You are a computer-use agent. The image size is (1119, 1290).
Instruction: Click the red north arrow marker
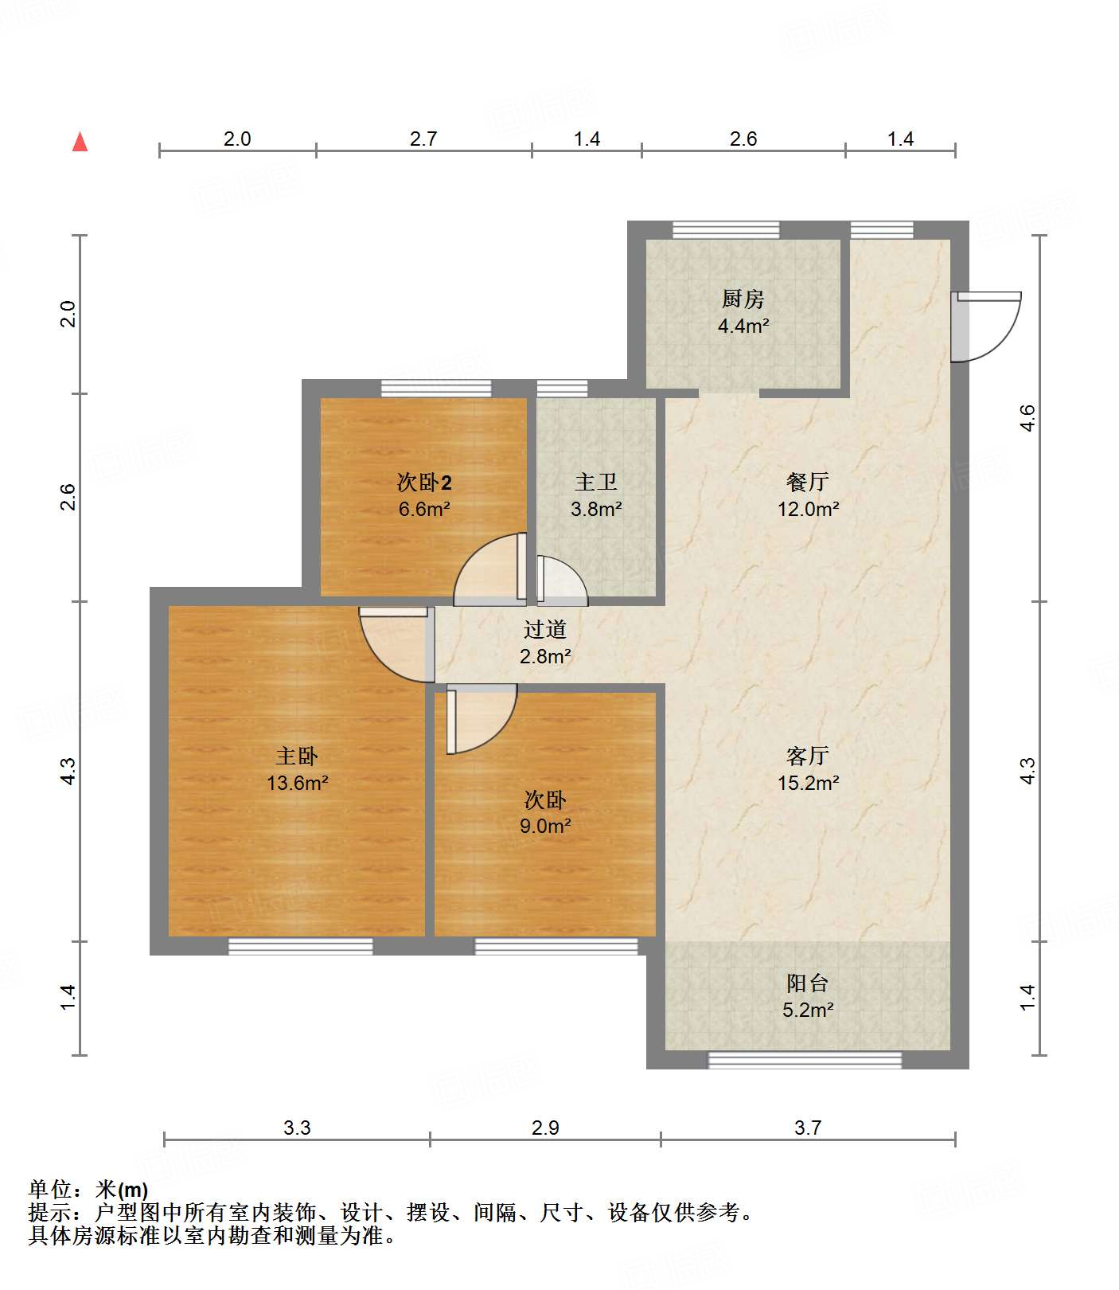tap(80, 142)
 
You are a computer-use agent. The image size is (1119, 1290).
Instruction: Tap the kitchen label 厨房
tap(743, 299)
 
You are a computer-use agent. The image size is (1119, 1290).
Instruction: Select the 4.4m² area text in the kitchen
tap(743, 326)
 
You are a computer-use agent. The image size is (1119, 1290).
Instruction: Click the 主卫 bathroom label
tap(596, 482)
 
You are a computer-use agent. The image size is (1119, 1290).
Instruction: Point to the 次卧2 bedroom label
tap(424, 482)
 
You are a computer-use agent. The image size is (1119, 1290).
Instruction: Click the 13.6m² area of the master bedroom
tap(298, 783)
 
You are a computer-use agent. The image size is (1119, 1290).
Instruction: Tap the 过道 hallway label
tap(545, 629)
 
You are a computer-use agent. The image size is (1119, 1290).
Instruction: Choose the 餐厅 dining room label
tap(808, 482)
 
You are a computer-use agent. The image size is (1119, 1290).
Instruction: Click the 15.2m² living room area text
tap(809, 783)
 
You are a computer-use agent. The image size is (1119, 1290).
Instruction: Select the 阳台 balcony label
tap(808, 983)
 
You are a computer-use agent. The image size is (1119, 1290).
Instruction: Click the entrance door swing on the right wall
tap(987, 326)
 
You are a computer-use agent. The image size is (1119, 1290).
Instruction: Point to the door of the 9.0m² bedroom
tap(482, 718)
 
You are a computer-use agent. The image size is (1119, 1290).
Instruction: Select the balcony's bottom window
tap(805, 1060)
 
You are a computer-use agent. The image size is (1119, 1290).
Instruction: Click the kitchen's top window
tap(726, 230)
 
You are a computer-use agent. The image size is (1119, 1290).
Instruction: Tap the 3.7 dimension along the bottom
tap(808, 1128)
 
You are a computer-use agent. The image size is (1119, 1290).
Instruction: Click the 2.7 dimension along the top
tap(423, 139)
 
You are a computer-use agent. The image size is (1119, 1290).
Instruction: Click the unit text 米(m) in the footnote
tap(122, 1190)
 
